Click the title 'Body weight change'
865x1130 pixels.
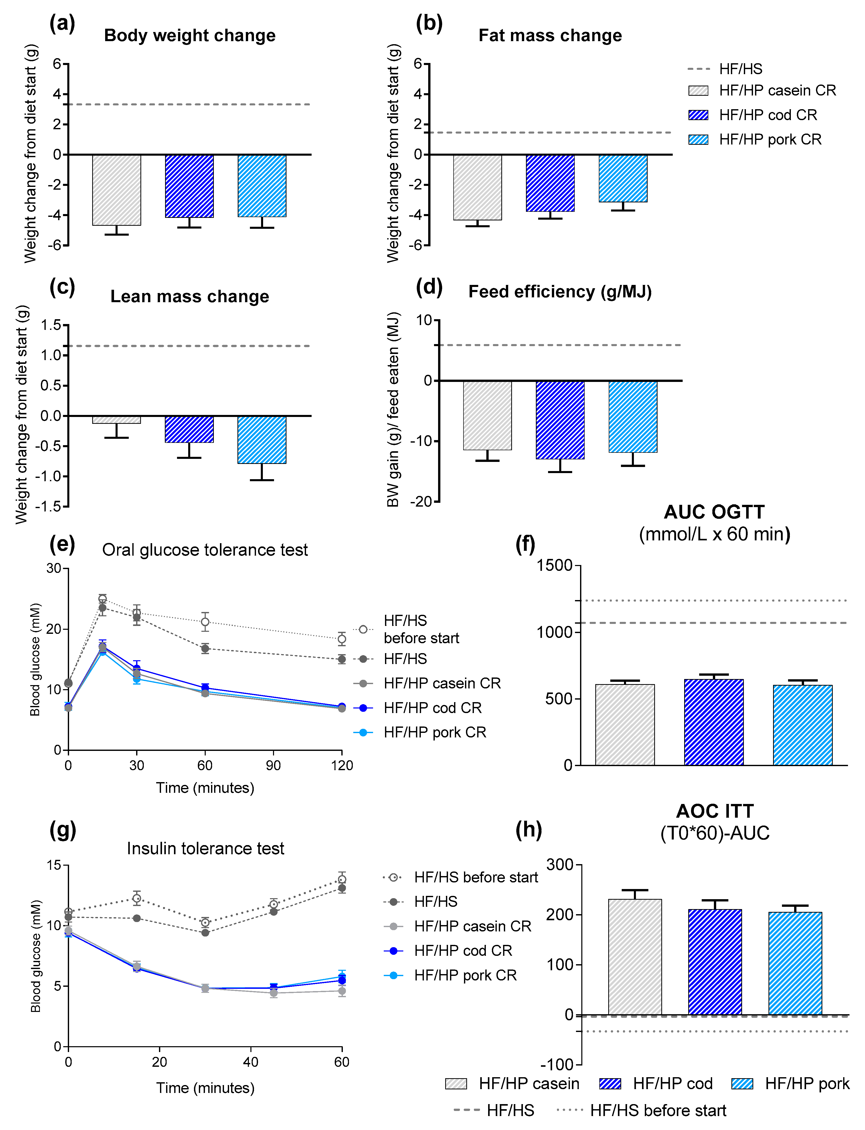[189, 36]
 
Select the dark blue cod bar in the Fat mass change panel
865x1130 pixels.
[550, 183]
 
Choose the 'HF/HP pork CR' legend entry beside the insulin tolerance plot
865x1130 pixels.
[465, 975]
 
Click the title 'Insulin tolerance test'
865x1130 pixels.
[205, 848]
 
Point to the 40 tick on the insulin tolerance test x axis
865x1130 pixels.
[251, 1062]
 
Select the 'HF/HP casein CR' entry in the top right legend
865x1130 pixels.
[777, 91]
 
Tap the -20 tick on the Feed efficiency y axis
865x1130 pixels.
[421, 502]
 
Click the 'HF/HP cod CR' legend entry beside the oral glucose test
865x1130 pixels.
[433, 708]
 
